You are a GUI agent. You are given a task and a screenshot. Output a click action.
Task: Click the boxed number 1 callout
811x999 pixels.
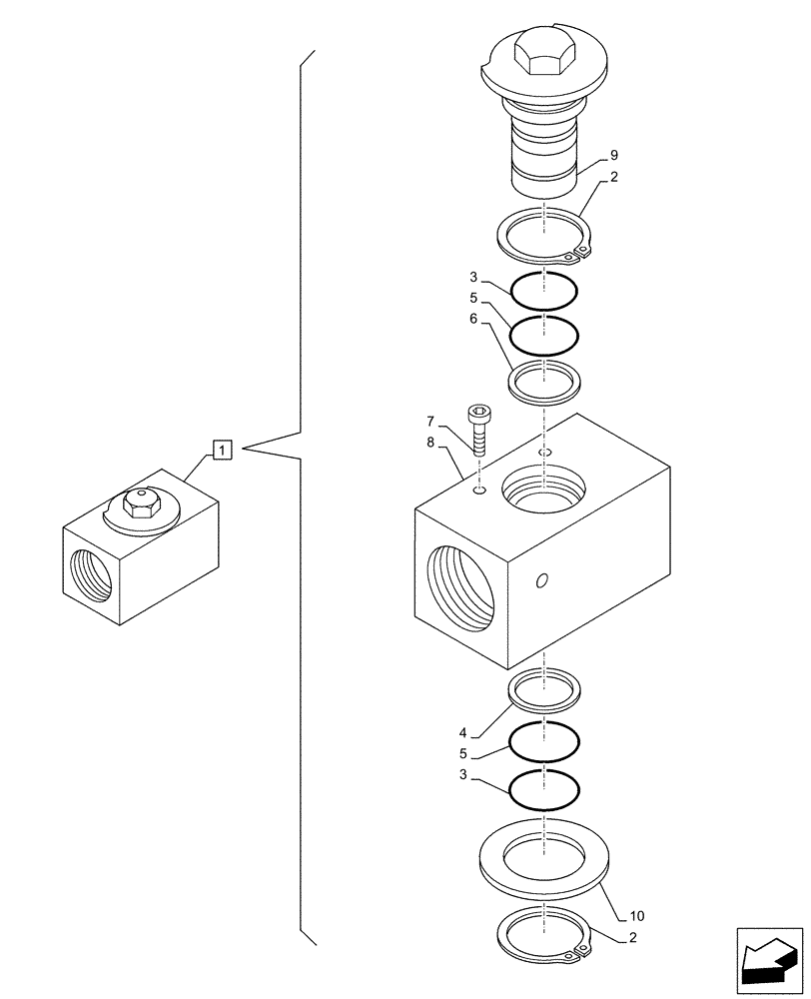222,451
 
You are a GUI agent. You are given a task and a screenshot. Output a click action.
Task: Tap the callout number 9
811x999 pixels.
614,155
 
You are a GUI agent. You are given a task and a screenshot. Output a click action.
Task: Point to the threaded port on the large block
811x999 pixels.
460,593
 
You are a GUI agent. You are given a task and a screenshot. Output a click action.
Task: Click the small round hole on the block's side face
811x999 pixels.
541,581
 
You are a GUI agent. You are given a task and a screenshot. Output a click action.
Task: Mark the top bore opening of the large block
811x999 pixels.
543,490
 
